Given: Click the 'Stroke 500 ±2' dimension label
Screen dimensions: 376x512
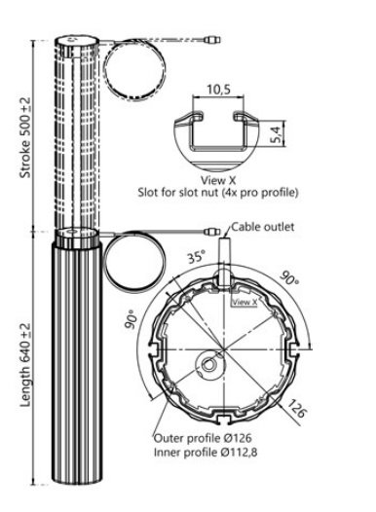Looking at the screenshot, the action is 25,138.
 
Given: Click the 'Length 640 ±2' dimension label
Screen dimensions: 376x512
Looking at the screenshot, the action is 25,365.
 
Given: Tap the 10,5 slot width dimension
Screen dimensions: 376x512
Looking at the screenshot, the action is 218,90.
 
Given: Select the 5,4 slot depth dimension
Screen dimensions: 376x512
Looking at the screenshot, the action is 276,134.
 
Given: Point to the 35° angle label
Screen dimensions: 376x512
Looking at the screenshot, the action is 197,256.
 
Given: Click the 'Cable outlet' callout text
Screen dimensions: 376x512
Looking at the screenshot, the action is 263,227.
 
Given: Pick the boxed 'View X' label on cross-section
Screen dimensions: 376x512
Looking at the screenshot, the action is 244,302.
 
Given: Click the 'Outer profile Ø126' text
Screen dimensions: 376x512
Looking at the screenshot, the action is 203,438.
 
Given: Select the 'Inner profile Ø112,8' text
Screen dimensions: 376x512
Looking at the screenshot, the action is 206,453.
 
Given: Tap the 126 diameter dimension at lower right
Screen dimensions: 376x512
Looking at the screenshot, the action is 297,408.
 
